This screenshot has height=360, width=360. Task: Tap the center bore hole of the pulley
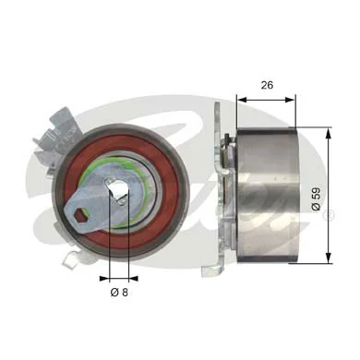118,194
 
